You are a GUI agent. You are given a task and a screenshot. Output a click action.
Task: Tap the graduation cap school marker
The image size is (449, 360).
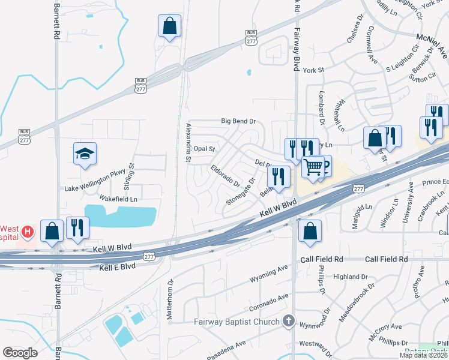(x=85, y=155)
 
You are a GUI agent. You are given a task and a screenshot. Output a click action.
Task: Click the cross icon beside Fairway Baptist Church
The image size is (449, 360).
(x=289, y=322)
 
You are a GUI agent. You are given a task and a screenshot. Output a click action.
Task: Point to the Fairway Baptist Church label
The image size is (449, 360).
(x=237, y=322)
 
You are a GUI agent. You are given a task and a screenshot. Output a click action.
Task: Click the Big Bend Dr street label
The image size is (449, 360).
(x=238, y=121)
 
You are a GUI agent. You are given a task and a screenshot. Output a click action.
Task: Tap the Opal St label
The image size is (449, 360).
(x=204, y=148)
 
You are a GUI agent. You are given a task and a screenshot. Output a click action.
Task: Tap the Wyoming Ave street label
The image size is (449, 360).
(x=270, y=279)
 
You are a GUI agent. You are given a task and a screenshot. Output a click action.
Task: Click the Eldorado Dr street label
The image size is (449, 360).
(x=225, y=175)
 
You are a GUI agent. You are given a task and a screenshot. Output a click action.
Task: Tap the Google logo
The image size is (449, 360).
(x=20, y=353)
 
